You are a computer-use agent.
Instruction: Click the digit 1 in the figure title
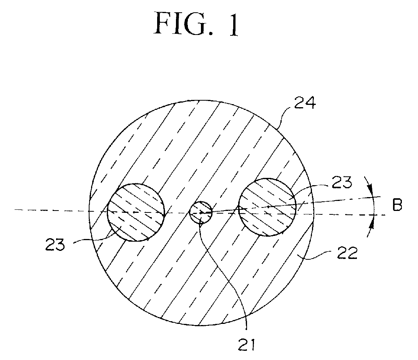pos(232,24)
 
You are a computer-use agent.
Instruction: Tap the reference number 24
pos(305,103)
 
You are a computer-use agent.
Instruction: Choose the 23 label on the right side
pos(342,183)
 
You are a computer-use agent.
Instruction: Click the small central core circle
pos(201,212)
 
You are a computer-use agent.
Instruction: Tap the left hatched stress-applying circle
pos(136,212)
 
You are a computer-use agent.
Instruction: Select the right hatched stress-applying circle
pos(267,207)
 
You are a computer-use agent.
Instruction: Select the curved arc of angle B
pos(373,207)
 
